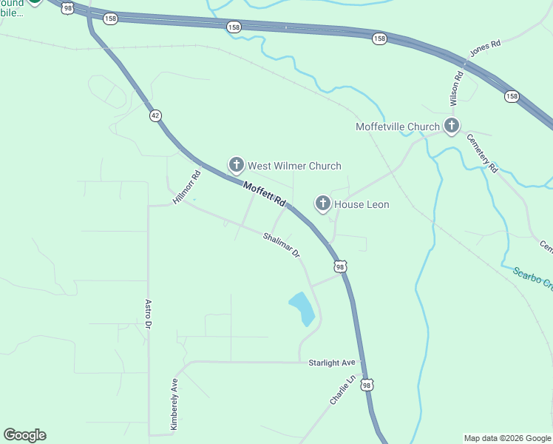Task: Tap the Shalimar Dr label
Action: pyautogui.click(x=282, y=245)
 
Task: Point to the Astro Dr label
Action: pyautogui.click(x=148, y=314)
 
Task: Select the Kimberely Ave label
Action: pyautogui.click(x=174, y=406)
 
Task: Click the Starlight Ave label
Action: pyautogui.click(x=332, y=363)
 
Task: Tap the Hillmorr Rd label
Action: pyautogui.click(x=187, y=188)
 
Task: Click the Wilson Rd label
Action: pyautogui.click(x=456, y=87)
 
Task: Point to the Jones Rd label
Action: pyautogui.click(x=485, y=49)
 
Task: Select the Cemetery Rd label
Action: pyautogui.click(x=481, y=152)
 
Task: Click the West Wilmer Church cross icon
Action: pyautogui.click(x=236, y=164)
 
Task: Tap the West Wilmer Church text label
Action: pyautogui.click(x=294, y=166)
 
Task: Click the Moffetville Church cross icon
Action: pyautogui.click(x=451, y=127)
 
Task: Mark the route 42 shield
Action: pyautogui.click(x=155, y=115)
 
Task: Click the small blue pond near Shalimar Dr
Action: pyautogui.click(x=302, y=308)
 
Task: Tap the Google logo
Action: pyautogui.click(x=25, y=435)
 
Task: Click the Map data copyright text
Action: pyautogui.click(x=507, y=438)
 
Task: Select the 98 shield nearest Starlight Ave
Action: pyautogui.click(x=367, y=384)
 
